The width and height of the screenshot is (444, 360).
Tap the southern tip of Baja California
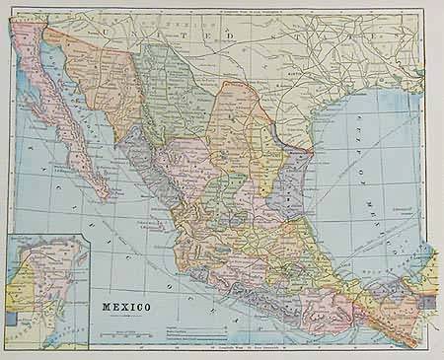105,193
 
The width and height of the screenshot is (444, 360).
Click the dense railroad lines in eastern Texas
326,59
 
